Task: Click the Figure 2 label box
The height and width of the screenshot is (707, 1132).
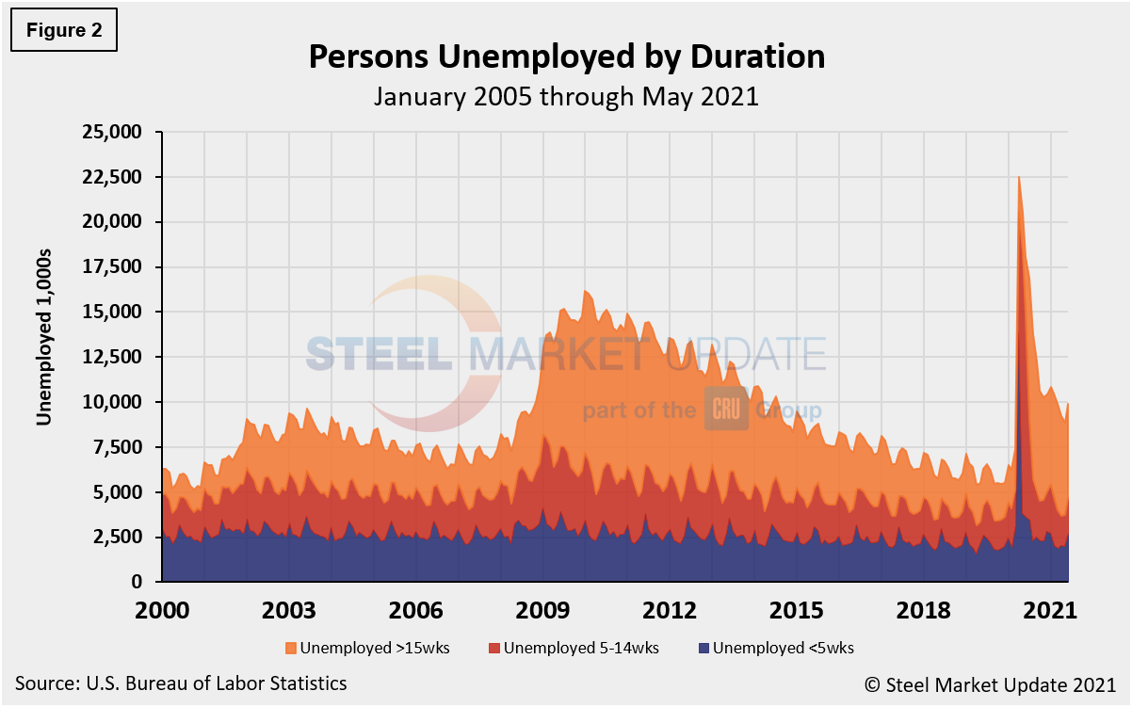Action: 64,31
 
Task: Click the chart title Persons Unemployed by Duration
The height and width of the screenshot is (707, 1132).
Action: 566,56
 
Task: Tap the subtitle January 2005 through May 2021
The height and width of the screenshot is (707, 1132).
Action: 566,97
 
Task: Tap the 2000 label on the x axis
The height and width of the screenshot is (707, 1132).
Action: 162,610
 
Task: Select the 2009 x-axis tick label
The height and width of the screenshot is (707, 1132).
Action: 542,610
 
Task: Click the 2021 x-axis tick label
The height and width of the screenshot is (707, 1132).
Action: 1050,610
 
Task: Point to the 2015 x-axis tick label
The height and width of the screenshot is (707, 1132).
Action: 797,610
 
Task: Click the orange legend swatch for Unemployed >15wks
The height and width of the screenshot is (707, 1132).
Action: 290,648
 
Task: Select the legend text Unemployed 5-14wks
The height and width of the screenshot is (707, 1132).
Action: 581,648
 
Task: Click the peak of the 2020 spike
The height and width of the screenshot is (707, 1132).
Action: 1018,178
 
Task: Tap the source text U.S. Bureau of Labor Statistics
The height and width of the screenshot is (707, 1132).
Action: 181,683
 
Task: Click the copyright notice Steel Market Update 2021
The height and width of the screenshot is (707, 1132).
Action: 1003,683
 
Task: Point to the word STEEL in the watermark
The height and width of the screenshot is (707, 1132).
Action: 380,355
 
